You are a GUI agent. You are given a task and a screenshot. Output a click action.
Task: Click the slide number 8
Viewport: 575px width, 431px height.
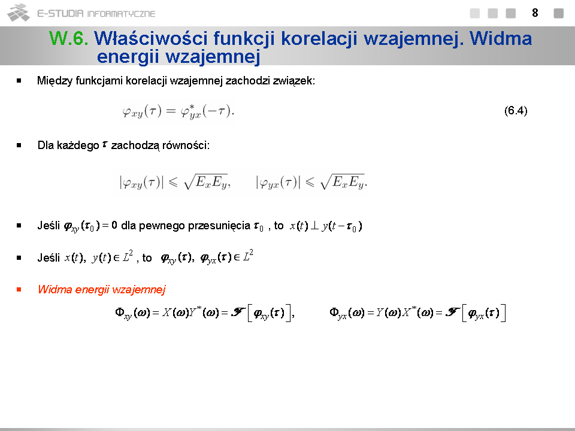pos(535,13)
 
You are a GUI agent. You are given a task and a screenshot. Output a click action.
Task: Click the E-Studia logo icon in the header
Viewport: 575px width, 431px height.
pos(19,13)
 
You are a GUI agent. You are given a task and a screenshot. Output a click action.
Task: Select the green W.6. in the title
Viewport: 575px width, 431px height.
pos(68,38)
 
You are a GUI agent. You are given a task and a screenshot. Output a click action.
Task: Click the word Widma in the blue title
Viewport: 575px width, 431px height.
pos(501,38)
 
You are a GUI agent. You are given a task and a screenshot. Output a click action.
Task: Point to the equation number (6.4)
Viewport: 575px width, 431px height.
pos(516,110)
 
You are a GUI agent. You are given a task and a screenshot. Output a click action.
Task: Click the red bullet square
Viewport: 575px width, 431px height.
pos(19,290)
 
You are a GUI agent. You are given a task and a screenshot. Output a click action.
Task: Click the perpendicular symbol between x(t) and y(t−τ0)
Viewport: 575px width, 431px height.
pos(314,226)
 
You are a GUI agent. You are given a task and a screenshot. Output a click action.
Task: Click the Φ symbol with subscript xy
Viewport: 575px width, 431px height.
pos(120,312)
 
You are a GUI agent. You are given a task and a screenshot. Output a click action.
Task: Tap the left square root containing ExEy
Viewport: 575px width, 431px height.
pos(205,181)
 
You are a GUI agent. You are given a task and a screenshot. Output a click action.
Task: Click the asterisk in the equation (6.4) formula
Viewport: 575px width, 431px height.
pos(192,107)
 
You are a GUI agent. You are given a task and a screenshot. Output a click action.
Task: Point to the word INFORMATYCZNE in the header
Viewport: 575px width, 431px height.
pos(122,14)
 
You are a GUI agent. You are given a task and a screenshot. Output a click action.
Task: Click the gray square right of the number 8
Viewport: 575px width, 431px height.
pos(558,13)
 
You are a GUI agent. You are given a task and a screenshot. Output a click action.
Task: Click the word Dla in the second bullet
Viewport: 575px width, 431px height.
pos(46,145)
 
